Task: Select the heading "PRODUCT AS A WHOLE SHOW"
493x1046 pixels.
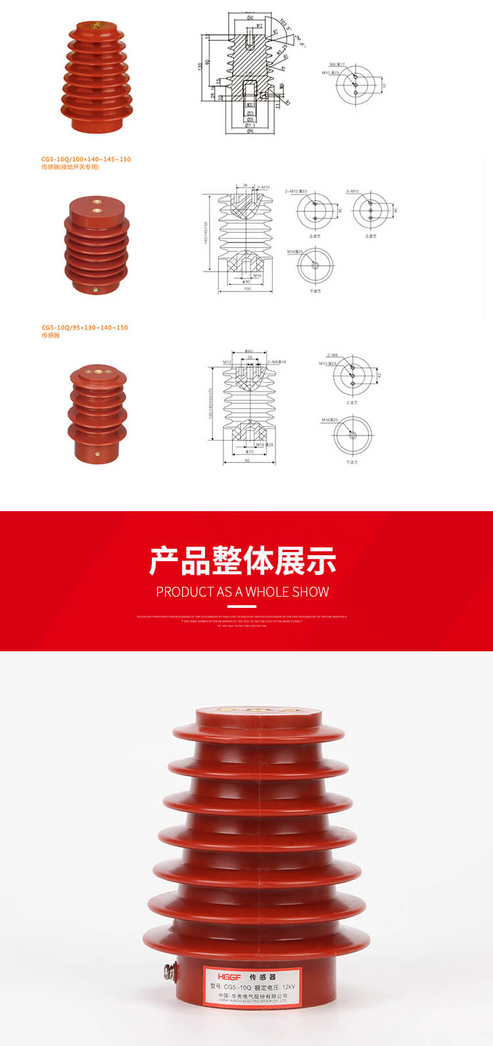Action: pos(242,592)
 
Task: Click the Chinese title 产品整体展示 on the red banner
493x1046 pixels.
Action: pos(242,560)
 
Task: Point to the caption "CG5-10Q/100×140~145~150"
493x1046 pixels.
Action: pos(85,159)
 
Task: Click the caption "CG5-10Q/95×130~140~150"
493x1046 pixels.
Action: pos(84,328)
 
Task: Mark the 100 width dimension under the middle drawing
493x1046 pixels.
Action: pos(247,289)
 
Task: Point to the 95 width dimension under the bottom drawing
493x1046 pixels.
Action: pos(247,461)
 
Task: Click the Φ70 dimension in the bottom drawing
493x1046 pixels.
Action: pos(249,452)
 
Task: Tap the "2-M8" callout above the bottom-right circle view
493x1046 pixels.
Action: pos(333,355)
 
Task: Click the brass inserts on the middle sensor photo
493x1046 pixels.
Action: pos(96,206)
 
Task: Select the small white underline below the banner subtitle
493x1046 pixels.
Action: pos(242,607)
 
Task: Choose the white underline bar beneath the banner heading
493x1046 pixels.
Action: pos(242,607)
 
